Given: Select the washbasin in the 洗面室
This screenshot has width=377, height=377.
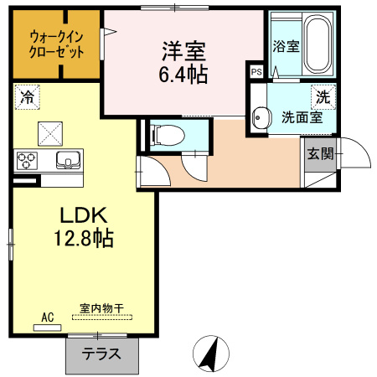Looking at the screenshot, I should [261, 117].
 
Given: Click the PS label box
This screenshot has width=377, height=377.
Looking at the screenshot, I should [256, 73].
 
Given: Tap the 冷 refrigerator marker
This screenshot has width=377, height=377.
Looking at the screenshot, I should [27, 97].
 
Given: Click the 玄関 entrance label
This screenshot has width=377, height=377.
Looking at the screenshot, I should [320, 153].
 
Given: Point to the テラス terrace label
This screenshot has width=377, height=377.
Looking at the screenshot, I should [100, 354].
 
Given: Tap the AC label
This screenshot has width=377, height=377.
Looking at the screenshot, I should [48, 317].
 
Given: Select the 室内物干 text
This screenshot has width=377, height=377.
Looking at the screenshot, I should [102, 308].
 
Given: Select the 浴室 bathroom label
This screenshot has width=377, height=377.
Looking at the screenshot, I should [287, 47].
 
